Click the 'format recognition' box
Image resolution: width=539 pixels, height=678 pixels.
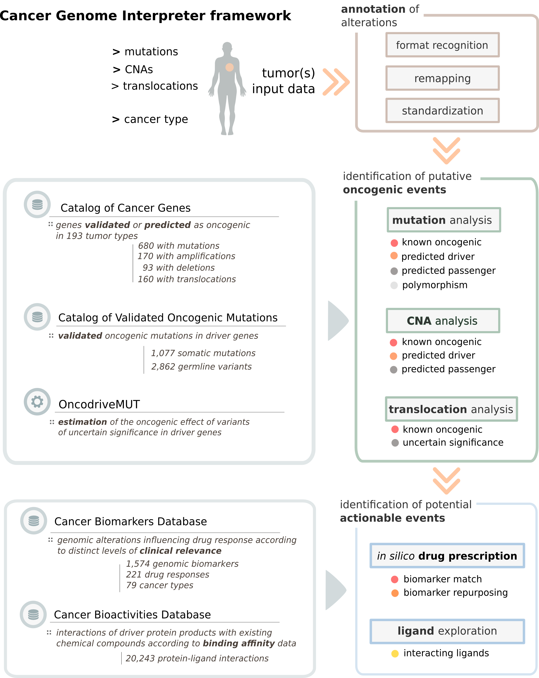point(442,45)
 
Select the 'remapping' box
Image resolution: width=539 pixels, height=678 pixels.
point(442,78)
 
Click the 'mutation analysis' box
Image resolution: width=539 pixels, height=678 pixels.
point(444,220)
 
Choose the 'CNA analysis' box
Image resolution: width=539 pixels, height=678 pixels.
point(443,321)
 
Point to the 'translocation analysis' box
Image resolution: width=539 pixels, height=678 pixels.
point(451,409)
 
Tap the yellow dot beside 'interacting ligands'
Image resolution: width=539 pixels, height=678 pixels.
point(395,654)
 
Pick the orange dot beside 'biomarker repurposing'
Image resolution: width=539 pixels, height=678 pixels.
point(395,593)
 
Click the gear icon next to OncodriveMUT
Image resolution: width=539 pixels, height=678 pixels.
point(37,402)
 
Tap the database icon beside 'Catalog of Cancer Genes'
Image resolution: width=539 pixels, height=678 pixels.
point(37,204)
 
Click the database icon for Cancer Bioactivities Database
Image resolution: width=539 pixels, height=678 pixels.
point(33,614)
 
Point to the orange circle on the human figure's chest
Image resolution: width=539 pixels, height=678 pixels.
point(229,67)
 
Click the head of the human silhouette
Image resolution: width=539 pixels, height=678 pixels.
point(227,47)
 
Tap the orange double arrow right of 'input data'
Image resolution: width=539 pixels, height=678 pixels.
point(336,82)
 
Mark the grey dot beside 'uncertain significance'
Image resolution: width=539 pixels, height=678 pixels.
point(395,443)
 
